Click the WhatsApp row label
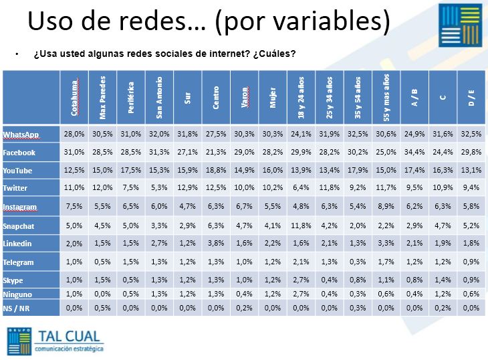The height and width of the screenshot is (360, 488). [21, 134]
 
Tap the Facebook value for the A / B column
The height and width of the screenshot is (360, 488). [414, 152]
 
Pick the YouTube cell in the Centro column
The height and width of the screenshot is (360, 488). [216, 171]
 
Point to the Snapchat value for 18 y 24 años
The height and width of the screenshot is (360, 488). [300, 226]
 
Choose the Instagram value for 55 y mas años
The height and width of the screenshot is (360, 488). [386, 207]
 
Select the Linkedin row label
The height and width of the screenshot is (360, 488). [18, 244]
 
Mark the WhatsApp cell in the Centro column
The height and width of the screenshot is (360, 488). [216, 134]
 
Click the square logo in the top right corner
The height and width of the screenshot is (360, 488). [460, 26]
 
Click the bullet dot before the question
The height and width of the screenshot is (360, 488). [17, 54]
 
